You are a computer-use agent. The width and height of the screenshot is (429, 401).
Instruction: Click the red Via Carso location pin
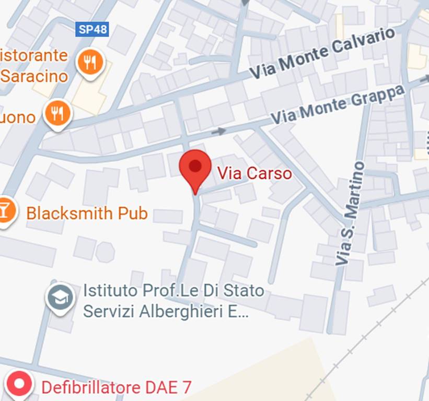[x=195, y=167]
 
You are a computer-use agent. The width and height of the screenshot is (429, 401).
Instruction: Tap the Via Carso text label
[x=254, y=173]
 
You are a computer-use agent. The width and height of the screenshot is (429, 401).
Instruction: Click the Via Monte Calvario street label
[x=322, y=53]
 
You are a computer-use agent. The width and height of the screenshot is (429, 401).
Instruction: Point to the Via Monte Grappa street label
[x=338, y=105]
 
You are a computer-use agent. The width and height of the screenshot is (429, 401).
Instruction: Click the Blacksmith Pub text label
[x=87, y=213]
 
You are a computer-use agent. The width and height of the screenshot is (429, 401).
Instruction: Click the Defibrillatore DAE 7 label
[x=116, y=387]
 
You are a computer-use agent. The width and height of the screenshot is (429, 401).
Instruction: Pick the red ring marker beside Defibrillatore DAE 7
[x=19, y=385]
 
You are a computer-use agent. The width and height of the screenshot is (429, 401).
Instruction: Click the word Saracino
[x=34, y=76]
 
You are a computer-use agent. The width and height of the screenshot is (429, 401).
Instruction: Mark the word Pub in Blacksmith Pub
[x=134, y=213]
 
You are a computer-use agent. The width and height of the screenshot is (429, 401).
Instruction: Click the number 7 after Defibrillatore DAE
[x=185, y=387]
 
